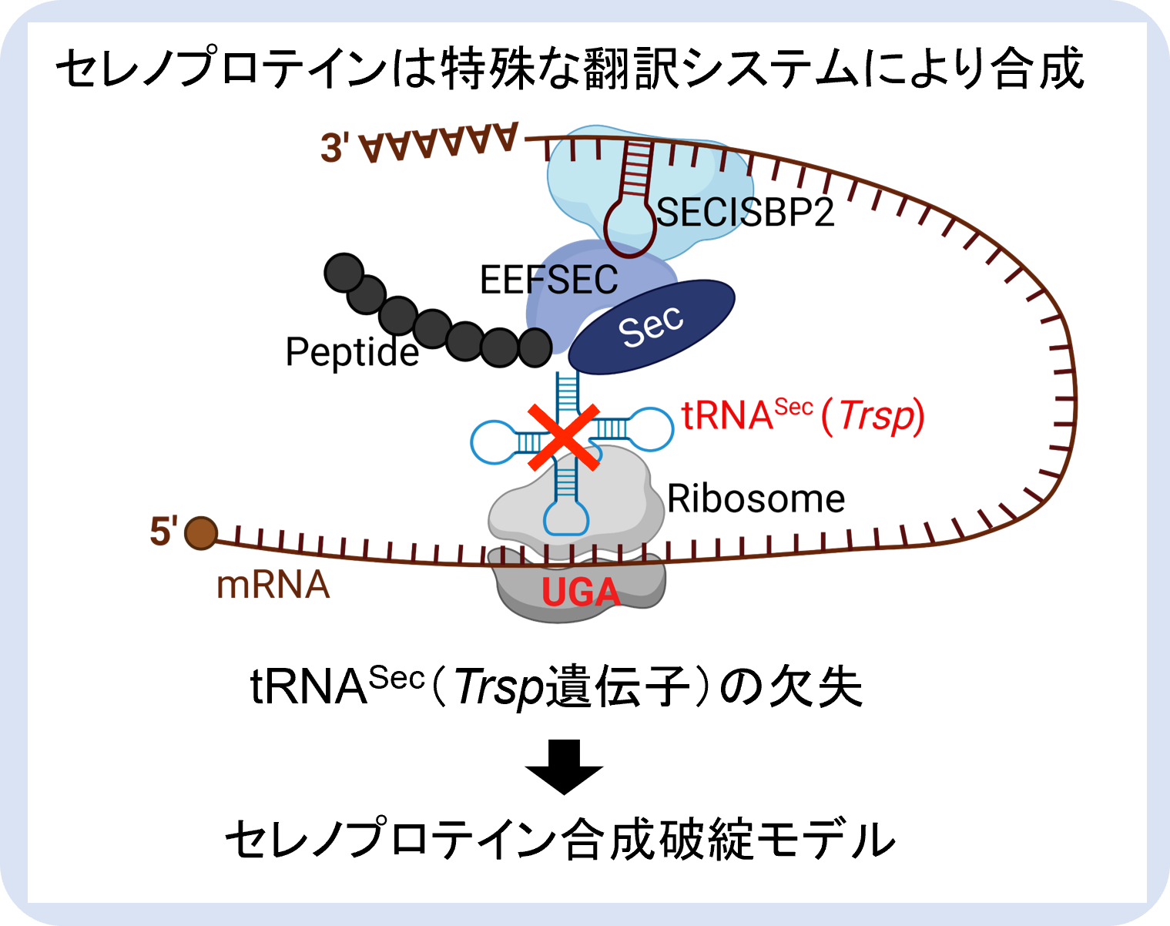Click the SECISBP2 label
[746, 212]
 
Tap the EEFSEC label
[548, 280]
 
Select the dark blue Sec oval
[652, 327]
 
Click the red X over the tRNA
[564, 437]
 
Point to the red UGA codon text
[581, 592]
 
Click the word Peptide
[352, 352]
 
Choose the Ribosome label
[756, 498]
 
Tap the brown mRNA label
[273, 585]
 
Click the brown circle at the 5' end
[201, 533]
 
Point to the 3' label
[335, 148]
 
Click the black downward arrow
[564, 766]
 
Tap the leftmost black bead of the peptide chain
[344, 273]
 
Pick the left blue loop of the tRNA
[492, 442]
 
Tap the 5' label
[163, 532]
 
